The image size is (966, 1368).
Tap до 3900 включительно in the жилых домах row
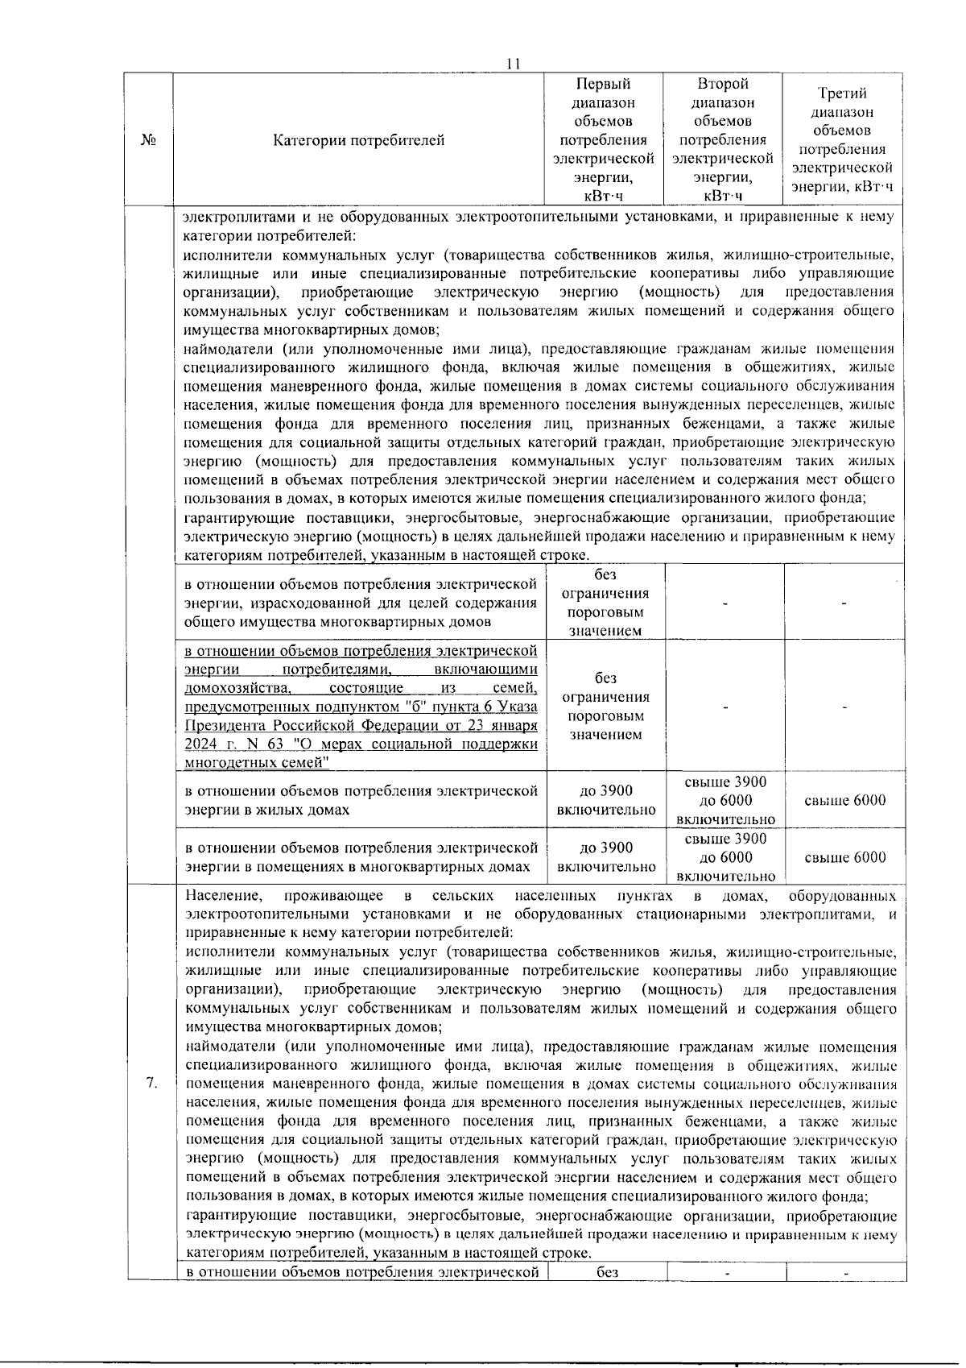tap(605, 800)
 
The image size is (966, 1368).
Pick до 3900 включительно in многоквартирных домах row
tap(605, 857)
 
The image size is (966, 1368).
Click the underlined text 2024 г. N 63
tap(233, 744)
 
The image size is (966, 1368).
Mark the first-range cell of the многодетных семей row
tap(605, 707)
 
